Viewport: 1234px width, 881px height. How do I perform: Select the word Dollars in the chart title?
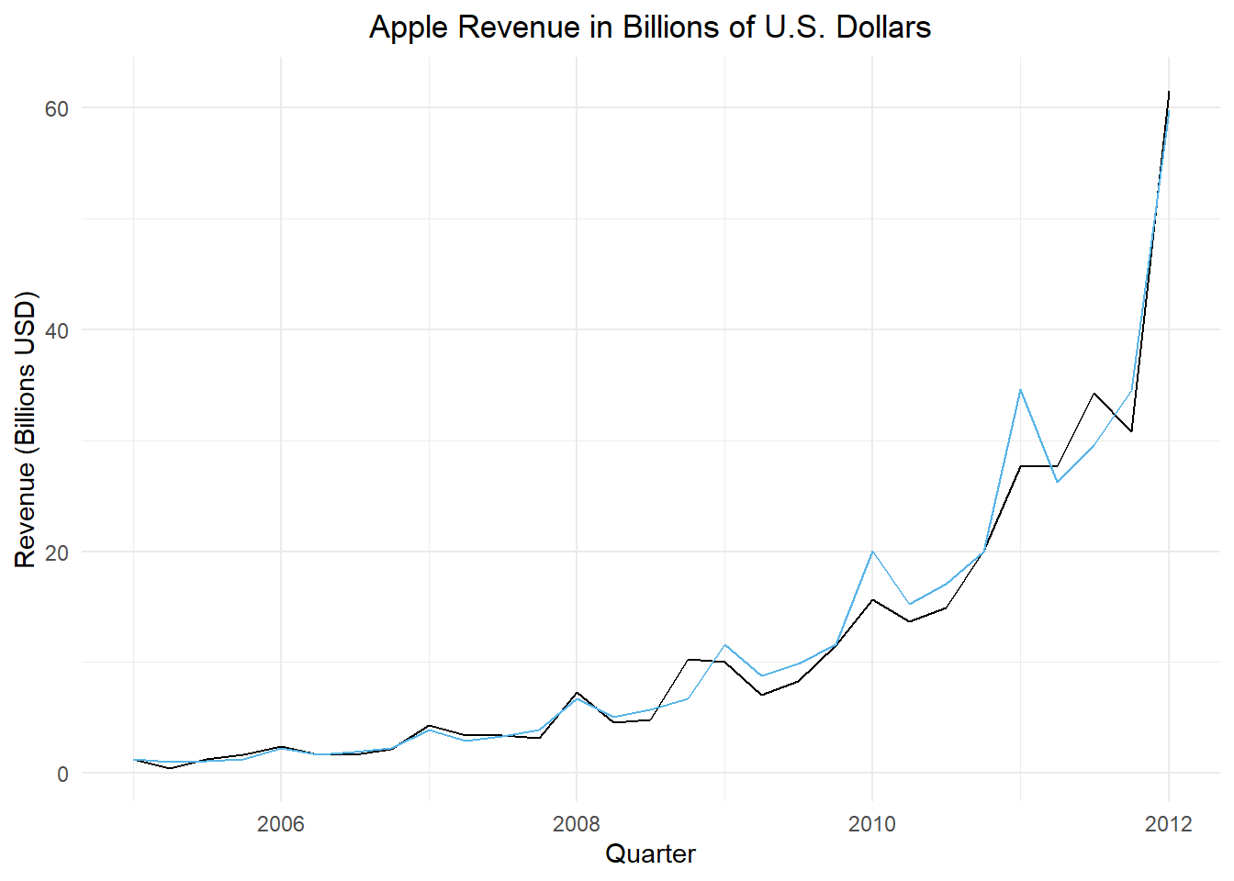point(883,28)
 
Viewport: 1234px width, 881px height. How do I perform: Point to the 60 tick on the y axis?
point(57,108)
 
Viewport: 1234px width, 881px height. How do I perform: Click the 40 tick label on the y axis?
point(57,330)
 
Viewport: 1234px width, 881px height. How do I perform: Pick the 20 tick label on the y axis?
point(57,552)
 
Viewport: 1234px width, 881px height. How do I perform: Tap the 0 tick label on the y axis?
point(62,775)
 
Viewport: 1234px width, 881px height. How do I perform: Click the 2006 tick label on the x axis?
point(281,823)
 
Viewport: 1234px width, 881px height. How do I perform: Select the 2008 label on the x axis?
point(577,823)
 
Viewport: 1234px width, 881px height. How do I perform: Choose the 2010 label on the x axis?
point(872,823)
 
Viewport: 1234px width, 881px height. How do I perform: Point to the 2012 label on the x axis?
point(1168,823)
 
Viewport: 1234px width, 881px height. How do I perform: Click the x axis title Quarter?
point(650,854)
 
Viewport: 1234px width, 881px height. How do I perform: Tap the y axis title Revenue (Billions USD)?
point(26,429)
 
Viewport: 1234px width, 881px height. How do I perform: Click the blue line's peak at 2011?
point(1020,389)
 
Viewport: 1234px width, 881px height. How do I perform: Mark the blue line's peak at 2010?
point(872,552)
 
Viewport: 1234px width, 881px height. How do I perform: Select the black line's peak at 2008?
point(577,692)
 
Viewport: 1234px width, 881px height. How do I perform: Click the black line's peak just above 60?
point(1169,92)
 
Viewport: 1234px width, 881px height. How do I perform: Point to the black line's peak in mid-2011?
point(1094,393)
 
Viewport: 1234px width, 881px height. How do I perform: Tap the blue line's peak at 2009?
point(725,645)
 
